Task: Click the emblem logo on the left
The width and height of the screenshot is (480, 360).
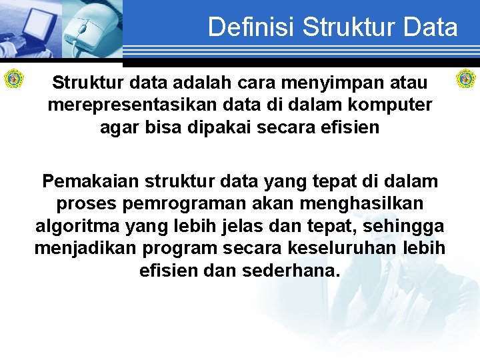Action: tap(14, 79)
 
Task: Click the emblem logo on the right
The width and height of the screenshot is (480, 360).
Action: tap(465, 79)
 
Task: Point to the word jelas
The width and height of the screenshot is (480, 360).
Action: tap(256, 226)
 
